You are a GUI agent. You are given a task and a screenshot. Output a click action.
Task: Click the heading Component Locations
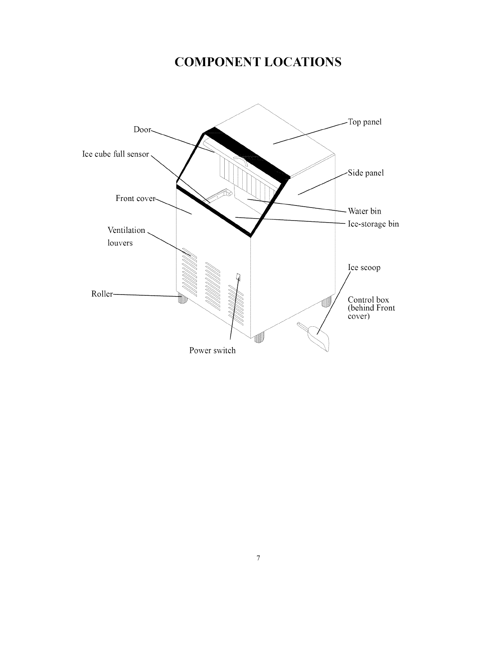[x=257, y=62]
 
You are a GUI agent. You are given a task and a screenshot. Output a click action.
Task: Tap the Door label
[x=142, y=129]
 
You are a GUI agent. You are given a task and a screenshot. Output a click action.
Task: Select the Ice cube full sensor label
[x=116, y=154]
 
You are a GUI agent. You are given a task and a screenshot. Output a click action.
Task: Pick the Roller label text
[x=102, y=294]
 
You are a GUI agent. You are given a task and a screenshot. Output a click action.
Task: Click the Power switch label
[x=212, y=350]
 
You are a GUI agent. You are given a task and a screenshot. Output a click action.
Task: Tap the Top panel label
[x=364, y=122]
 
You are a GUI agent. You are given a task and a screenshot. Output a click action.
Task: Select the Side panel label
[x=366, y=173]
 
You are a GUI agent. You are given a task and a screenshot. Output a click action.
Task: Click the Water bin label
[x=364, y=211]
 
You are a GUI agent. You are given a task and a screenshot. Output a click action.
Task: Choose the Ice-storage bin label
[x=373, y=224]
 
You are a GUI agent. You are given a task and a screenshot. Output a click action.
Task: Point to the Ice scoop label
[x=364, y=268]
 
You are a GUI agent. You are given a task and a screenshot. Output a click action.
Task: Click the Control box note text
[x=371, y=308]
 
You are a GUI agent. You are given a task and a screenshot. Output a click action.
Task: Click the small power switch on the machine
[x=238, y=277]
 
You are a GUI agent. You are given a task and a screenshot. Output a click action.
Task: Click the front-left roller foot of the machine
[x=182, y=300]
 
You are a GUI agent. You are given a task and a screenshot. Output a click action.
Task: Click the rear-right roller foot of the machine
[x=326, y=303]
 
